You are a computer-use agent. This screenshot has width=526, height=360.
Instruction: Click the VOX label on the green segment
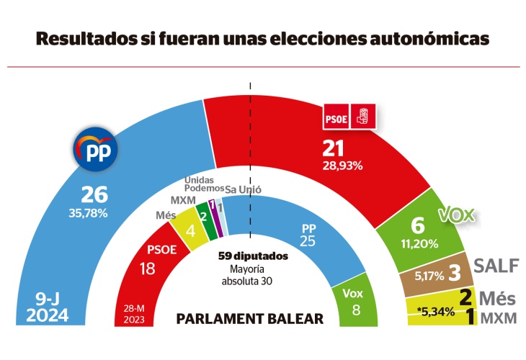(x=459, y=215)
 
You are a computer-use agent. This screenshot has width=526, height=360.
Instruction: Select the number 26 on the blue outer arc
(x=94, y=194)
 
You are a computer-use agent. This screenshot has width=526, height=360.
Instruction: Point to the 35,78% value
(x=88, y=213)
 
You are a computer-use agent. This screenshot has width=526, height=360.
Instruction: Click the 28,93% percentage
(x=342, y=165)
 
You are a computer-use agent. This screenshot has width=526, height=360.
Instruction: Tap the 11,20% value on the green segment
(x=419, y=243)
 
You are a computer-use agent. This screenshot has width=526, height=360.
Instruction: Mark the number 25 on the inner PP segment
(x=308, y=241)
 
